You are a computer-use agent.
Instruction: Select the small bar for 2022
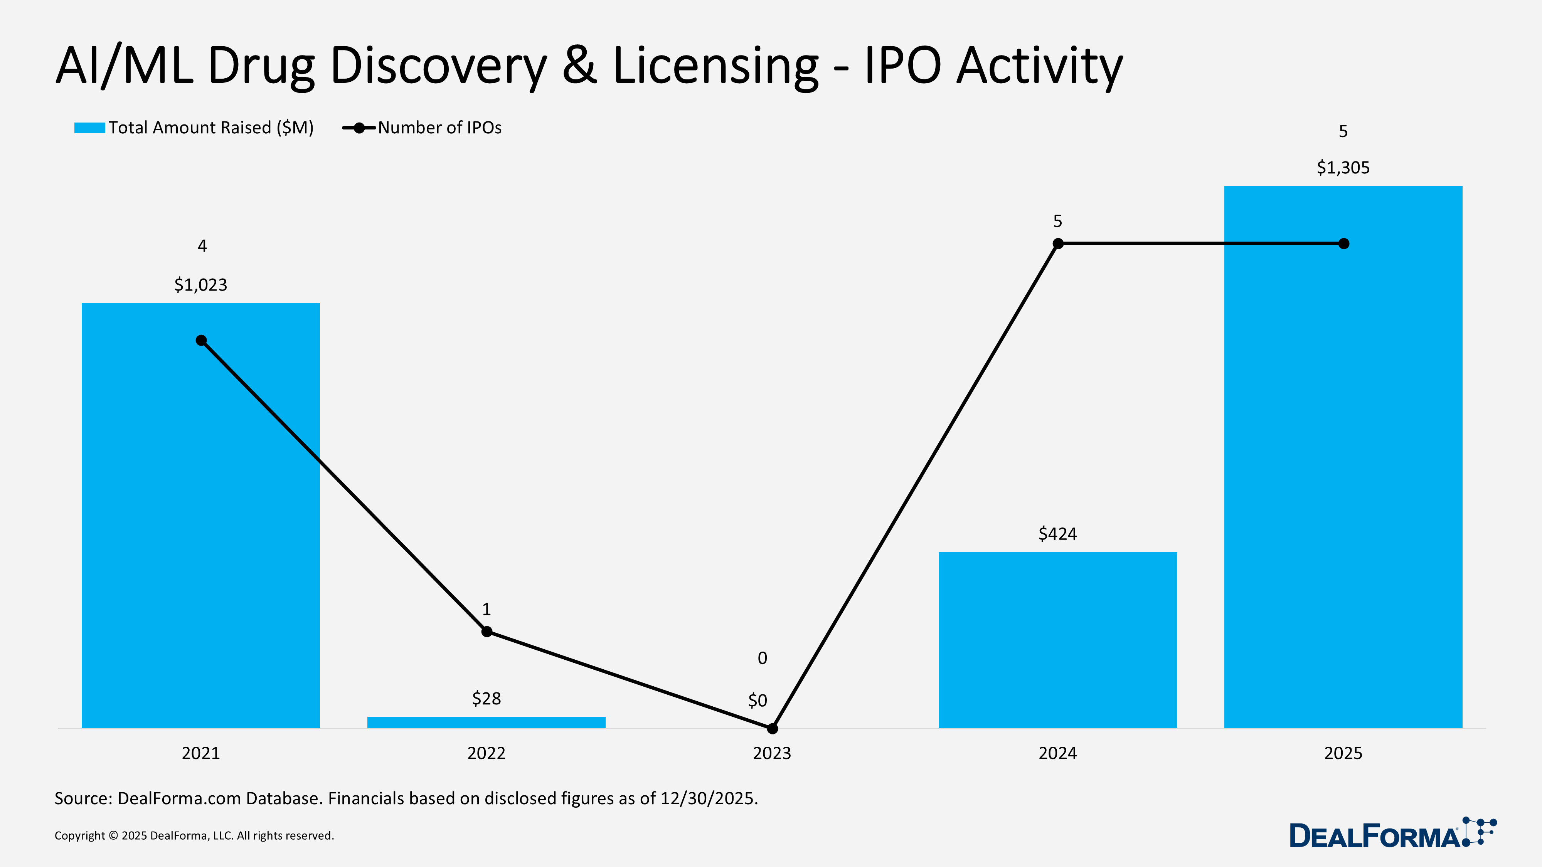(486, 722)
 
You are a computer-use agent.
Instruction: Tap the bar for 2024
(1057, 640)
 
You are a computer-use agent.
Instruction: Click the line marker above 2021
(201, 341)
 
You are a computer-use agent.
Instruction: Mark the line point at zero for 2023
(772, 728)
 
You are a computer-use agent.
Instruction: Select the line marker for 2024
(1058, 244)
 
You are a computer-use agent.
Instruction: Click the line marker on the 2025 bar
(1343, 244)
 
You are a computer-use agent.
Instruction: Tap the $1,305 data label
(1343, 168)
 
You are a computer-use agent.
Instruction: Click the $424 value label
(1057, 534)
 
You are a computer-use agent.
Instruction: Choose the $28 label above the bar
(486, 698)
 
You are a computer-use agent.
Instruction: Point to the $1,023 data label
(200, 285)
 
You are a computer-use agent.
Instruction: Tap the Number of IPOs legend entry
(439, 128)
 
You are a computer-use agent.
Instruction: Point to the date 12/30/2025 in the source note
(708, 798)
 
